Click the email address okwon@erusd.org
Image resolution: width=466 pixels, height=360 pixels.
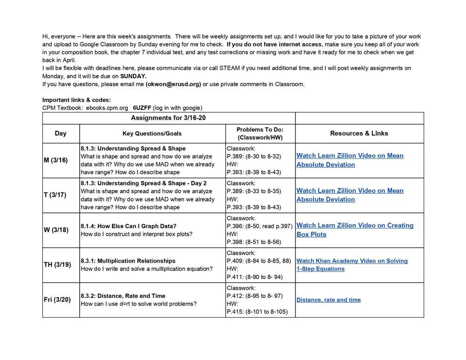click(173, 84)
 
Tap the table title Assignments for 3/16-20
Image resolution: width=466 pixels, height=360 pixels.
click(168, 118)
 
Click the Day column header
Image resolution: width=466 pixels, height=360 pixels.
click(61, 133)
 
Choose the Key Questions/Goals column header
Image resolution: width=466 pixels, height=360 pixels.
click(152, 133)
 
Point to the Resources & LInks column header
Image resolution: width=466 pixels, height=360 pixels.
click(359, 133)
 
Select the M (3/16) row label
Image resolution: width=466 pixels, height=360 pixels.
click(55, 160)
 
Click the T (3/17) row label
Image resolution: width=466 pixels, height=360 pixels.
click(55, 195)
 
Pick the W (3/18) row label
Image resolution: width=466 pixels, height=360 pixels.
click(56, 230)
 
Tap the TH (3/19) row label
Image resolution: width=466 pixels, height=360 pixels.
click(57, 265)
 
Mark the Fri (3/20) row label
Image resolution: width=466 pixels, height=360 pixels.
click(57, 299)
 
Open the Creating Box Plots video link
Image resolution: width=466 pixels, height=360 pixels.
click(355, 230)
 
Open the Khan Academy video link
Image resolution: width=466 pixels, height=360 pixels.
click(352, 265)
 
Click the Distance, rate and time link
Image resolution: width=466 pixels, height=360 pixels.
click(329, 300)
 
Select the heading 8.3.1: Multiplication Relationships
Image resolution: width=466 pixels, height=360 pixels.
click(128, 261)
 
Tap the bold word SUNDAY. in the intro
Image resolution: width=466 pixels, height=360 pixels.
click(133, 76)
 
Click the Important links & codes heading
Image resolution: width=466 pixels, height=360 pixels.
click(76, 100)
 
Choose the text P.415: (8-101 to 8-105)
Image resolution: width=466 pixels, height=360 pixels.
click(257, 312)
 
